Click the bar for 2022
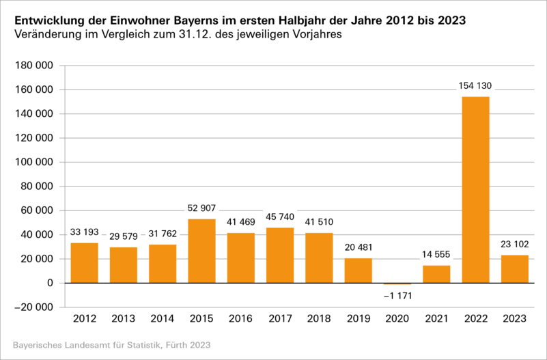(x=475, y=190)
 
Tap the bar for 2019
(x=358, y=271)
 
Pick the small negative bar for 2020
(x=397, y=283)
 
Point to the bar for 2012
(x=84, y=263)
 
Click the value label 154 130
(x=475, y=86)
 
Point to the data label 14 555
(x=436, y=255)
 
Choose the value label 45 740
(x=280, y=217)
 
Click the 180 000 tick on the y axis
(x=35, y=66)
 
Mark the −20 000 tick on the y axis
(x=35, y=307)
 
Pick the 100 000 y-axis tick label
(x=35, y=162)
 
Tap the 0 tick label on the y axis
(x=51, y=283)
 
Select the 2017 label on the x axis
(x=280, y=318)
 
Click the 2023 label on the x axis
(x=515, y=318)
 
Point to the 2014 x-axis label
(x=163, y=318)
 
